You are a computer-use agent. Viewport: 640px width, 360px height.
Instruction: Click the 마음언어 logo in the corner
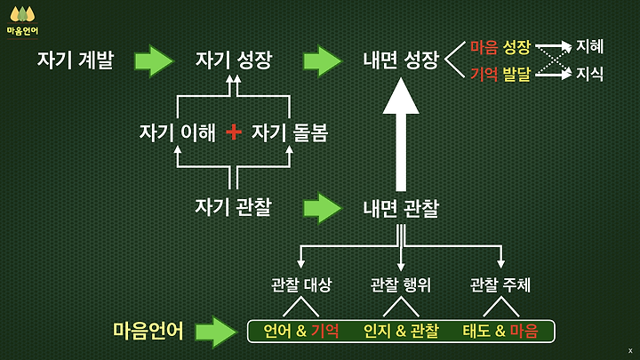pyautogui.click(x=22, y=20)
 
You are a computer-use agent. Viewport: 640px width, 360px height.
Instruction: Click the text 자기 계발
pyautogui.click(x=76, y=60)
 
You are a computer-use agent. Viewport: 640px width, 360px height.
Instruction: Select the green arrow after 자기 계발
pyautogui.click(x=154, y=60)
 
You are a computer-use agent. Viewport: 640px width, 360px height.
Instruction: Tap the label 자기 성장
pyautogui.click(x=234, y=60)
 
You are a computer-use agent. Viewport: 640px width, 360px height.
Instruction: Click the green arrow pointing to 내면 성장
pyautogui.click(x=322, y=60)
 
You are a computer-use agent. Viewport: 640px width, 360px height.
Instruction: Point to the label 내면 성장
pyautogui.click(x=401, y=60)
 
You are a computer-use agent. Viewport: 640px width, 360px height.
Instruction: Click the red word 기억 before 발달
pyautogui.click(x=484, y=74)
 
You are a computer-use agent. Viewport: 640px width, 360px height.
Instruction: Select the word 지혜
pyautogui.click(x=590, y=46)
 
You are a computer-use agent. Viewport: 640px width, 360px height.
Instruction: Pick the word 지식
pyautogui.click(x=590, y=74)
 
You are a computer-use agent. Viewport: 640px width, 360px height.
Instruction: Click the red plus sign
pyautogui.click(x=234, y=132)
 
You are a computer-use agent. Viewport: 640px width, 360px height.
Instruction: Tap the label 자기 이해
pyautogui.click(x=177, y=132)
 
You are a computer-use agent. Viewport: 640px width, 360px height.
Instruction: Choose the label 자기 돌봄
pyautogui.click(x=290, y=132)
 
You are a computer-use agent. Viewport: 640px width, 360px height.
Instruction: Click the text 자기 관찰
pyautogui.click(x=233, y=207)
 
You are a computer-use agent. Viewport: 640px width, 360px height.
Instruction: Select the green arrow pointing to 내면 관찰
pyautogui.click(x=322, y=207)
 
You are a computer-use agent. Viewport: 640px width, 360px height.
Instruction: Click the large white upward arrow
pyautogui.click(x=401, y=133)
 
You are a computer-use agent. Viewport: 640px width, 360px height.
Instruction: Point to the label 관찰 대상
pyautogui.click(x=301, y=285)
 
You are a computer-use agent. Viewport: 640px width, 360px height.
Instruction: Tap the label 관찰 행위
pyautogui.click(x=401, y=285)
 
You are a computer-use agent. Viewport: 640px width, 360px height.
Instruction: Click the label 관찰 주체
pyautogui.click(x=500, y=285)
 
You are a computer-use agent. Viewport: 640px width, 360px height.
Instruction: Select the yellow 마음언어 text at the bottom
pyautogui.click(x=148, y=331)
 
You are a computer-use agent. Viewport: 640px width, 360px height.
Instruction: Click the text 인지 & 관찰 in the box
pyautogui.click(x=401, y=332)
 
